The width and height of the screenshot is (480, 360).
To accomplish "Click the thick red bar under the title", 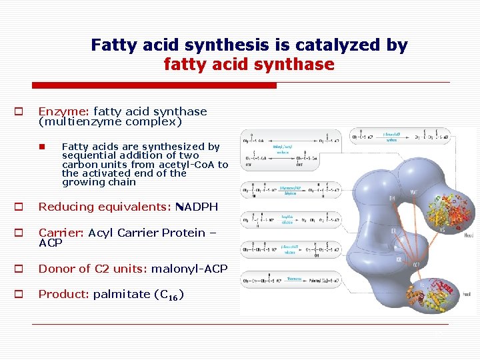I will tap(155, 85).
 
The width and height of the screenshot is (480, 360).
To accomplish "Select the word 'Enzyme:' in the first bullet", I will tap(64, 111).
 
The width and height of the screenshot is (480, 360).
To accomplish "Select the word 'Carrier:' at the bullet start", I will tap(60, 233).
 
